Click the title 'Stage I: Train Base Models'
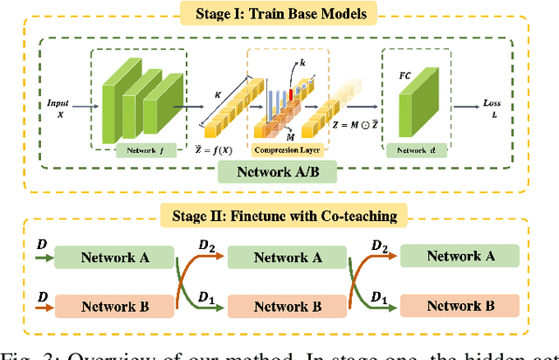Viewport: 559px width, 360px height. (279, 14)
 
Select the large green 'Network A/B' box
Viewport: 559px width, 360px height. (278, 171)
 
